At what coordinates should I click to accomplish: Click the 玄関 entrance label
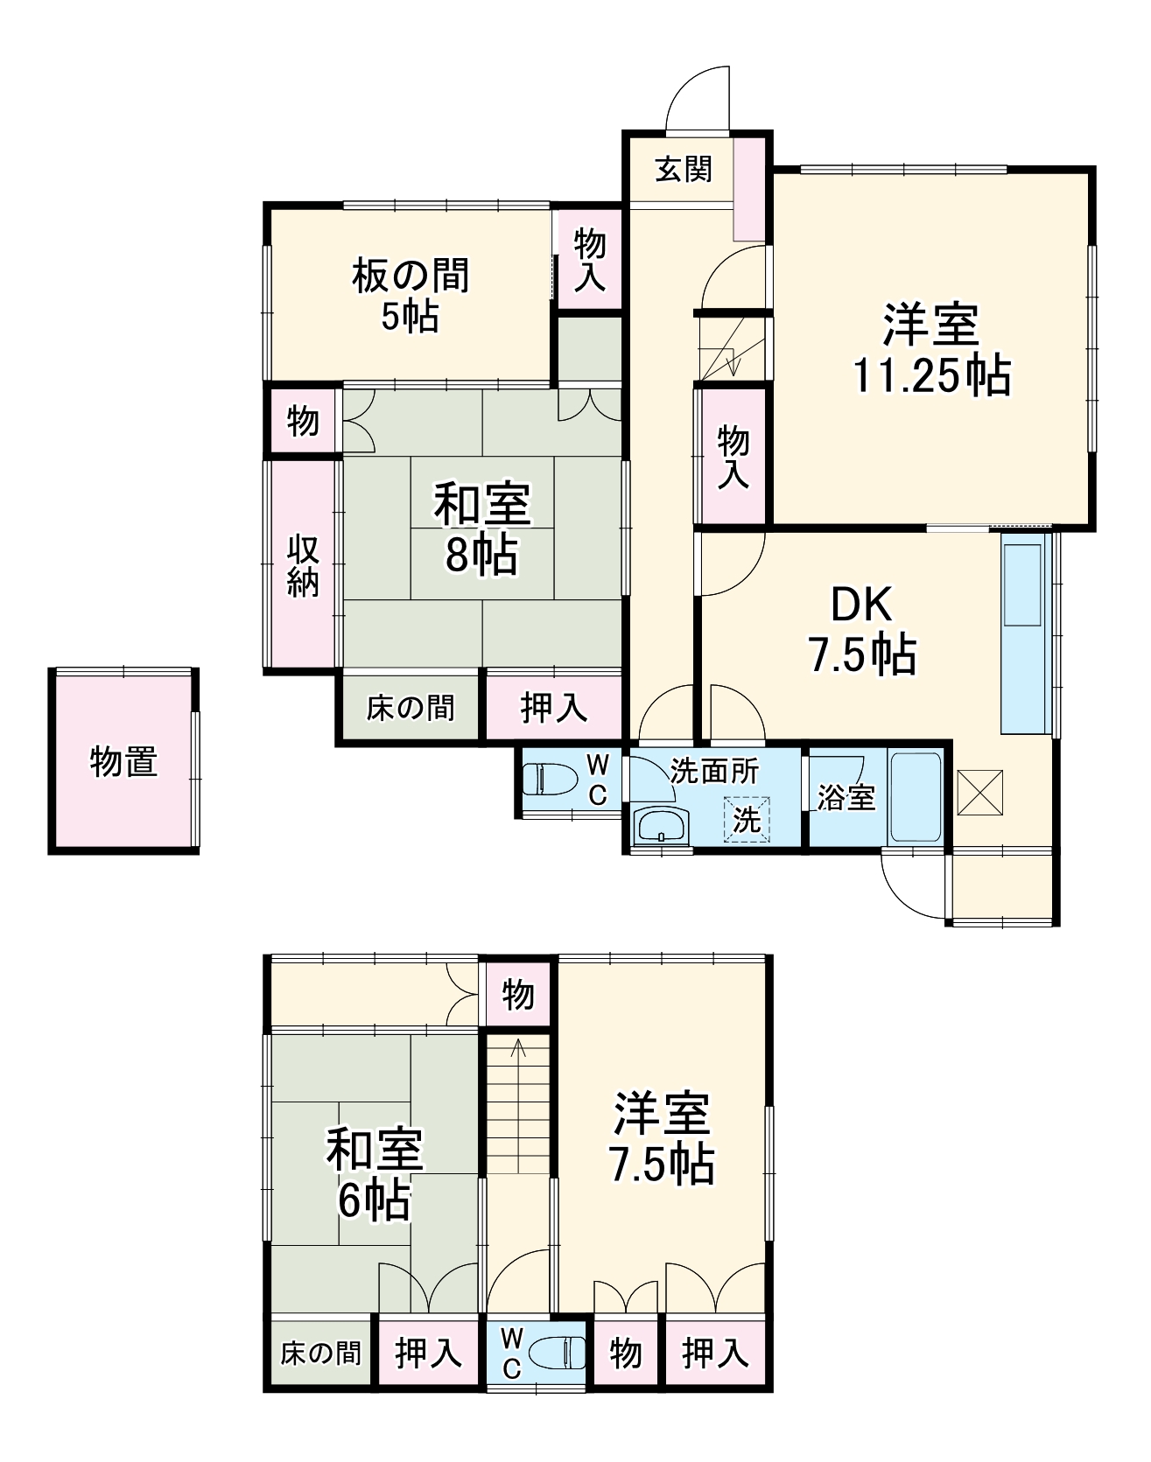(684, 169)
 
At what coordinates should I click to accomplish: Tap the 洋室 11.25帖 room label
(930, 350)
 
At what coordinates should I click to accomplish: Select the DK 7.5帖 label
(861, 630)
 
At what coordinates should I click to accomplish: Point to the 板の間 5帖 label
(410, 296)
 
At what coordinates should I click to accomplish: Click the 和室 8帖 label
(481, 530)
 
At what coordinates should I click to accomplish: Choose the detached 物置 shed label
(123, 762)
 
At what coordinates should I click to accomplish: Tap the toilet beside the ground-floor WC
(550, 779)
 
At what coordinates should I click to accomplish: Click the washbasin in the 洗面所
(662, 825)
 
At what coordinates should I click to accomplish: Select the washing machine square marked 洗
(747, 820)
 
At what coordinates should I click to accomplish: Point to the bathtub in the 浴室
(915, 795)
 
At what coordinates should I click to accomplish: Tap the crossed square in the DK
(979, 792)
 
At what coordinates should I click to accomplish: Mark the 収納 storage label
(303, 566)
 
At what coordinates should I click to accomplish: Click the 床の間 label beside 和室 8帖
(411, 707)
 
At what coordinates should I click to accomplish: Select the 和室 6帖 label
(375, 1175)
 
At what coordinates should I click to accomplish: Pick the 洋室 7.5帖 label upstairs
(662, 1137)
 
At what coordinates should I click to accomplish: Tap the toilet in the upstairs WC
(560, 1353)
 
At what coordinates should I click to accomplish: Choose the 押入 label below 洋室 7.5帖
(715, 1353)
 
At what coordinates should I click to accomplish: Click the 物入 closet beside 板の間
(589, 259)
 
